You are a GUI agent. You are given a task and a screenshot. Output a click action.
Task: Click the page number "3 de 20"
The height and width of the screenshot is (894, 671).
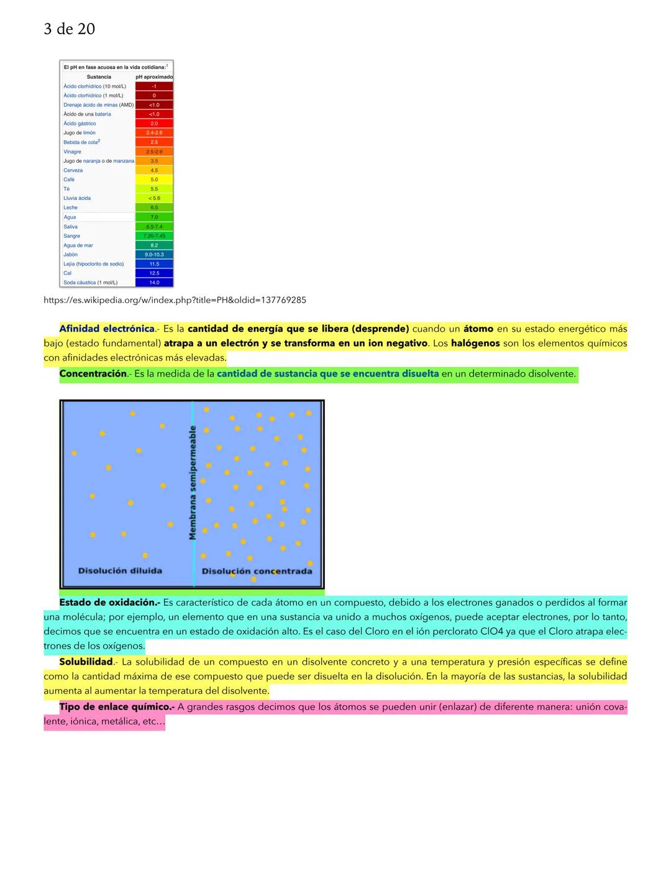click(69, 29)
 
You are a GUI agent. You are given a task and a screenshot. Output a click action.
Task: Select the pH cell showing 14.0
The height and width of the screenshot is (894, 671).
click(154, 283)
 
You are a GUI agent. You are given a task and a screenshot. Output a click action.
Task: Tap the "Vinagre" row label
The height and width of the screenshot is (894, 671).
click(72, 152)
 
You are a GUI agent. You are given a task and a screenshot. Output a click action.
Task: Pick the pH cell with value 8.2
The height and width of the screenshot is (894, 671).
click(154, 245)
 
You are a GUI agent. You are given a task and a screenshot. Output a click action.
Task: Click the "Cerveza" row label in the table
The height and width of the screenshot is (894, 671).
click(73, 170)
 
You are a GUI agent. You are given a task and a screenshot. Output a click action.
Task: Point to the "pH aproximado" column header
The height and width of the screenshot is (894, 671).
click(154, 77)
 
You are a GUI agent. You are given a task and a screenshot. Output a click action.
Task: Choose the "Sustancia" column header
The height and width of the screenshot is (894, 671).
click(99, 77)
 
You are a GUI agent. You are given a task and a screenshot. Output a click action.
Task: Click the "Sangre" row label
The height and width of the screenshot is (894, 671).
click(71, 236)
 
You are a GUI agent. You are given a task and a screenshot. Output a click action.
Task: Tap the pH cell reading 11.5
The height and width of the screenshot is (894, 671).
click(154, 264)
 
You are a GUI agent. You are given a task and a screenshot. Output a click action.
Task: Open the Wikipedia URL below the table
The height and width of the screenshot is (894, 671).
click(175, 300)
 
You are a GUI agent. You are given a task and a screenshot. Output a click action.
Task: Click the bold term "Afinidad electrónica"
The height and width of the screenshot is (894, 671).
click(106, 329)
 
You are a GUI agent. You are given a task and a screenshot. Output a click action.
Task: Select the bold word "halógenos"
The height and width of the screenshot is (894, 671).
click(475, 343)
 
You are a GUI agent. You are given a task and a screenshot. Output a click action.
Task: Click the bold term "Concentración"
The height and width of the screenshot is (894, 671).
click(93, 373)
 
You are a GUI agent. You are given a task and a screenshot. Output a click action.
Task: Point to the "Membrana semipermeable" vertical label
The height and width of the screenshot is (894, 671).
click(193, 482)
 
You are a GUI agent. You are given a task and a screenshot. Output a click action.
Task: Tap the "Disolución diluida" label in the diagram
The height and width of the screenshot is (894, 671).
click(120, 570)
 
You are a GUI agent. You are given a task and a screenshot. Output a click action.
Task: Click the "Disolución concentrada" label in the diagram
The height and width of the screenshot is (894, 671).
click(257, 571)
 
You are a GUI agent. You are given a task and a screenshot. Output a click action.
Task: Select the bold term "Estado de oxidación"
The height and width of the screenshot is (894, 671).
click(108, 602)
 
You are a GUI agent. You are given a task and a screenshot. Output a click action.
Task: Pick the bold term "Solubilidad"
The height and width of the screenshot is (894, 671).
click(86, 662)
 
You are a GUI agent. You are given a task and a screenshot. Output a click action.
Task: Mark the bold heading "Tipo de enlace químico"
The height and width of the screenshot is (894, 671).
click(116, 706)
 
